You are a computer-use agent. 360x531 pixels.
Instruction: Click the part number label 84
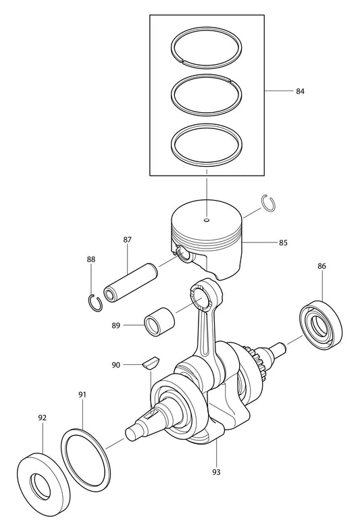point(300,91)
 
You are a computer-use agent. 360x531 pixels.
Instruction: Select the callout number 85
point(282,241)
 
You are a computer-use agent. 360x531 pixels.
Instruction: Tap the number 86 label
point(322,267)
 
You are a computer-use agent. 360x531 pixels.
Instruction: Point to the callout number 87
point(127,240)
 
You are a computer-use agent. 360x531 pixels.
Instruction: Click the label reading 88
point(91,259)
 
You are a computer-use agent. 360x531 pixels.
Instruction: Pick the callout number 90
point(116,365)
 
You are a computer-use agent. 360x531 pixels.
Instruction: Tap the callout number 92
point(42,418)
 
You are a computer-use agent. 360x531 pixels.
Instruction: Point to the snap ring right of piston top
point(269,205)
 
